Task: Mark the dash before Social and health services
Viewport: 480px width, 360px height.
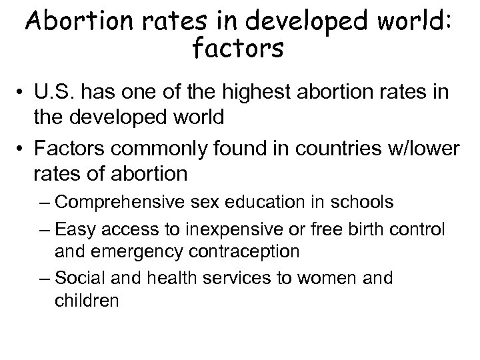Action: pos(45,278)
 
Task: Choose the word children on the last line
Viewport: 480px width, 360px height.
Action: pos(87,301)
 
